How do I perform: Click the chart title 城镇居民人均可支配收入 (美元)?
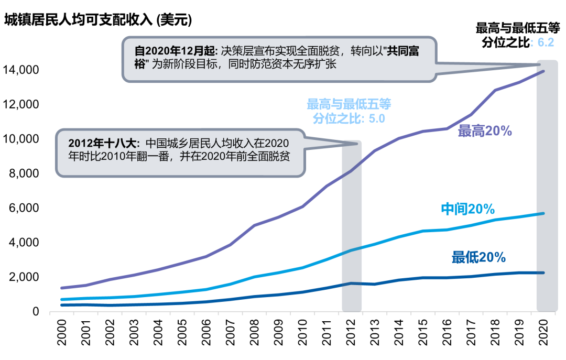tap(98, 20)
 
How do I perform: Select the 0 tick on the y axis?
tap(36, 312)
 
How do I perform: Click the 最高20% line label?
tap(484, 132)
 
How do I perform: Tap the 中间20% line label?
tap(467, 209)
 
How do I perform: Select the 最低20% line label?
tap(478, 257)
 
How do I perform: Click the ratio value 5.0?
tap(377, 118)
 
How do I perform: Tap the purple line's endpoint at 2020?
tap(543, 71)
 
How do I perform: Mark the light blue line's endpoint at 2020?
tap(543, 213)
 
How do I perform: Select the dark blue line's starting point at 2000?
tap(62, 305)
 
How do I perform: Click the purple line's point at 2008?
tap(254, 225)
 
